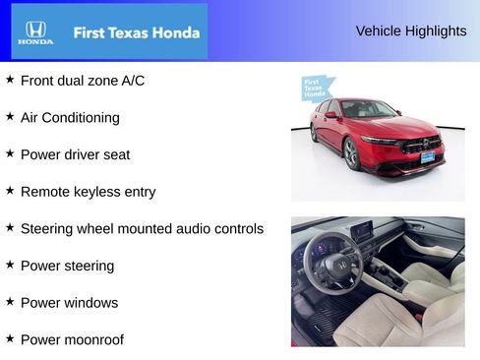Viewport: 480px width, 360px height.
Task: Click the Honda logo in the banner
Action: tap(35, 32)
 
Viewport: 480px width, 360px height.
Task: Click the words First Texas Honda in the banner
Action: tap(137, 32)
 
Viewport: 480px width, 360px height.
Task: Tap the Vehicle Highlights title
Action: tap(411, 30)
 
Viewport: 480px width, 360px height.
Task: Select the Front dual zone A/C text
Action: tap(83, 81)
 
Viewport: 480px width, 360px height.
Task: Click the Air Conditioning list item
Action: tap(70, 118)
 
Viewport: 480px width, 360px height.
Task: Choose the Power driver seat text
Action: tap(75, 154)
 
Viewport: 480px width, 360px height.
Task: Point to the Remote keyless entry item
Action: tap(88, 192)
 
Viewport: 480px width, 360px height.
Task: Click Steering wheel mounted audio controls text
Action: tap(142, 229)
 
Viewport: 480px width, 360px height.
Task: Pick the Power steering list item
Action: tap(67, 266)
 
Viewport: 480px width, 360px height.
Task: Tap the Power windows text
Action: tap(69, 303)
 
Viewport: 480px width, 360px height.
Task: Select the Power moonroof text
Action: tap(72, 340)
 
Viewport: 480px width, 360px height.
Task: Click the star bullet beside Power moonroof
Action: tap(10, 338)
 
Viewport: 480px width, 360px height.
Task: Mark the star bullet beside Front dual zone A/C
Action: tap(10, 79)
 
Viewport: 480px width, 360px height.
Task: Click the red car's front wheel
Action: tap(352, 153)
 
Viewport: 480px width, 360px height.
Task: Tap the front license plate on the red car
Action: tap(427, 156)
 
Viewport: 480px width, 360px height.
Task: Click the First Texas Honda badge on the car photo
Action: tap(314, 89)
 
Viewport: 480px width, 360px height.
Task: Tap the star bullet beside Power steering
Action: tap(10, 264)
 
